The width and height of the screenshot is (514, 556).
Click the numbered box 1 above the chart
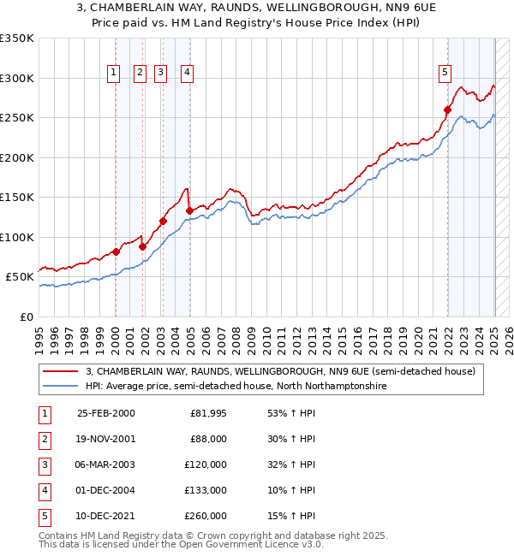click(114, 74)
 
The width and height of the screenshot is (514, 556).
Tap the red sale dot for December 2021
click(447, 109)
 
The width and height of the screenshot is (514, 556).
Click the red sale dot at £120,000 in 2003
click(163, 221)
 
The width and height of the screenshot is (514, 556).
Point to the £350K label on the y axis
click(17, 38)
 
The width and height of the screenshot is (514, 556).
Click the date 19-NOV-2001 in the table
click(105, 439)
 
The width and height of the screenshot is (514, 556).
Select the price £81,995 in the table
click(207, 413)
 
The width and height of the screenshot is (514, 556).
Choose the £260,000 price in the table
click(207, 516)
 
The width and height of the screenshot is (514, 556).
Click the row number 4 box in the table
click(45, 490)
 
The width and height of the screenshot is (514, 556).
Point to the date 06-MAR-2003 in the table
click(105, 464)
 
